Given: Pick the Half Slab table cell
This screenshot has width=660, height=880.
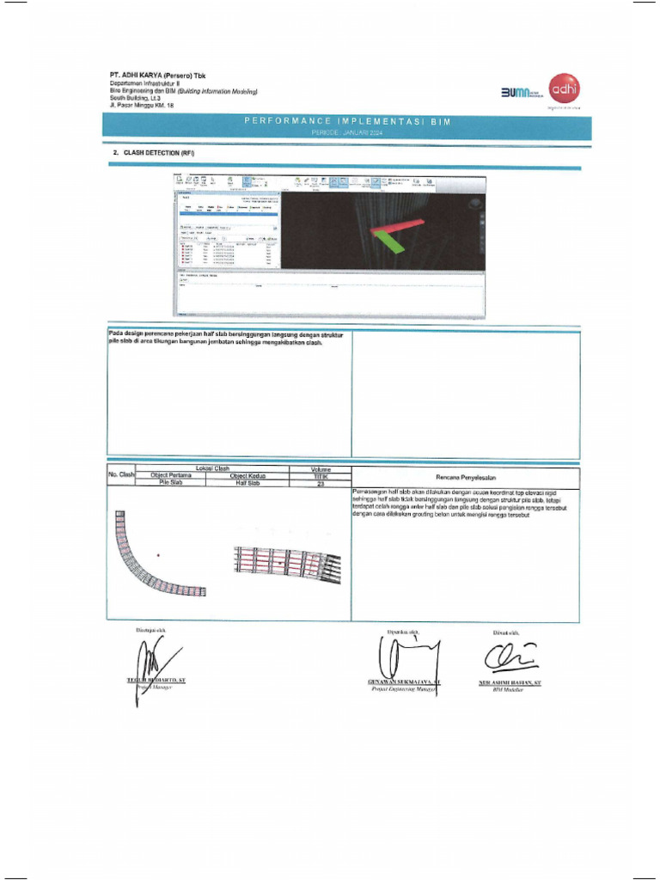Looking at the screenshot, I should (x=247, y=483).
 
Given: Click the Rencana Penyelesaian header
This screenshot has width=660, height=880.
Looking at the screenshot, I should (x=465, y=477).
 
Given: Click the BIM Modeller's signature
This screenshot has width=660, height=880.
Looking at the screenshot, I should (x=509, y=659).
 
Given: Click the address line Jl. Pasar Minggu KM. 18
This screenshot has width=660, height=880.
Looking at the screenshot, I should (x=142, y=106).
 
